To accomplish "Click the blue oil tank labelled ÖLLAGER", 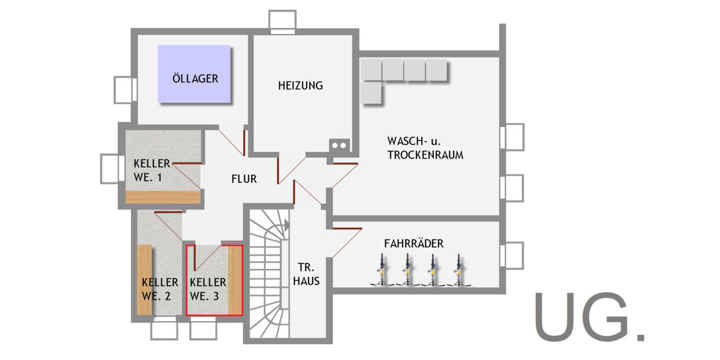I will click(x=194, y=74).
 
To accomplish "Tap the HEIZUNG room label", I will click(x=300, y=86).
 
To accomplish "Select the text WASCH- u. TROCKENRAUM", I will click(x=425, y=148).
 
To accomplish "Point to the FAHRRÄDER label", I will click(x=413, y=244).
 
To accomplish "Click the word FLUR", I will click(x=244, y=179).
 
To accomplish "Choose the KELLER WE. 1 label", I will click(x=152, y=170).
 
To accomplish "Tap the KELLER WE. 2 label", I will click(x=160, y=289).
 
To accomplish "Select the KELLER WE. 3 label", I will click(x=208, y=289).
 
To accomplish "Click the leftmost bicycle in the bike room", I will click(x=380, y=271).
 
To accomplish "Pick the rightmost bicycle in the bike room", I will click(x=459, y=271).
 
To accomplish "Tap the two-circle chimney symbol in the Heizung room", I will click(x=338, y=145).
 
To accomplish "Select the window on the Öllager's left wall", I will click(x=124, y=90).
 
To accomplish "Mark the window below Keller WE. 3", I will click(x=203, y=328).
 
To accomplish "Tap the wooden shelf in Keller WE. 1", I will click(x=162, y=197).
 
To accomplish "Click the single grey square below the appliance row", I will click(x=372, y=94).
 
